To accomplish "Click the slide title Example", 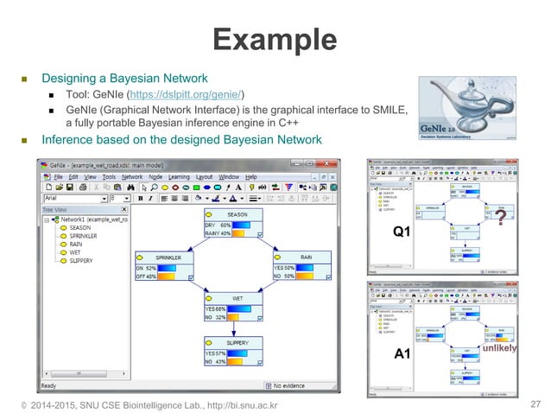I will [275, 40].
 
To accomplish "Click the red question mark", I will [500, 219].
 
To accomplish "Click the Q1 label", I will [402, 232].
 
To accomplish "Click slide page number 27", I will [533, 403].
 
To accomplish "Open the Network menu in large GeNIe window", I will [131, 175].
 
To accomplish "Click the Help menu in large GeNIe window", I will [250, 175].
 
